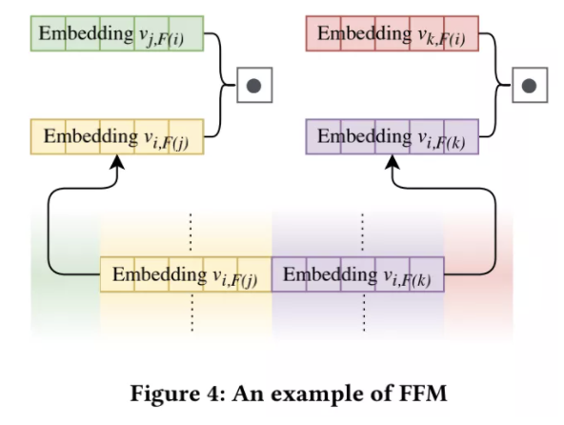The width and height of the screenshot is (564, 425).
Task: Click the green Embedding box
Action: coord(116,34)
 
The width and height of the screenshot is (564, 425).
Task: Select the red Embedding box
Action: coord(392,34)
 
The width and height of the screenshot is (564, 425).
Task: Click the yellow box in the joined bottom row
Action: coord(186,275)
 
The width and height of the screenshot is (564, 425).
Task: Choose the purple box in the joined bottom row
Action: coord(357,275)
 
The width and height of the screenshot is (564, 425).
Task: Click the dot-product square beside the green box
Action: coord(253,85)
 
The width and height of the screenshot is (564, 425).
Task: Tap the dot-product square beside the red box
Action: coord(530,85)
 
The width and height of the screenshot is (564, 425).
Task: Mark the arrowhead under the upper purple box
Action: coord(393,165)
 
